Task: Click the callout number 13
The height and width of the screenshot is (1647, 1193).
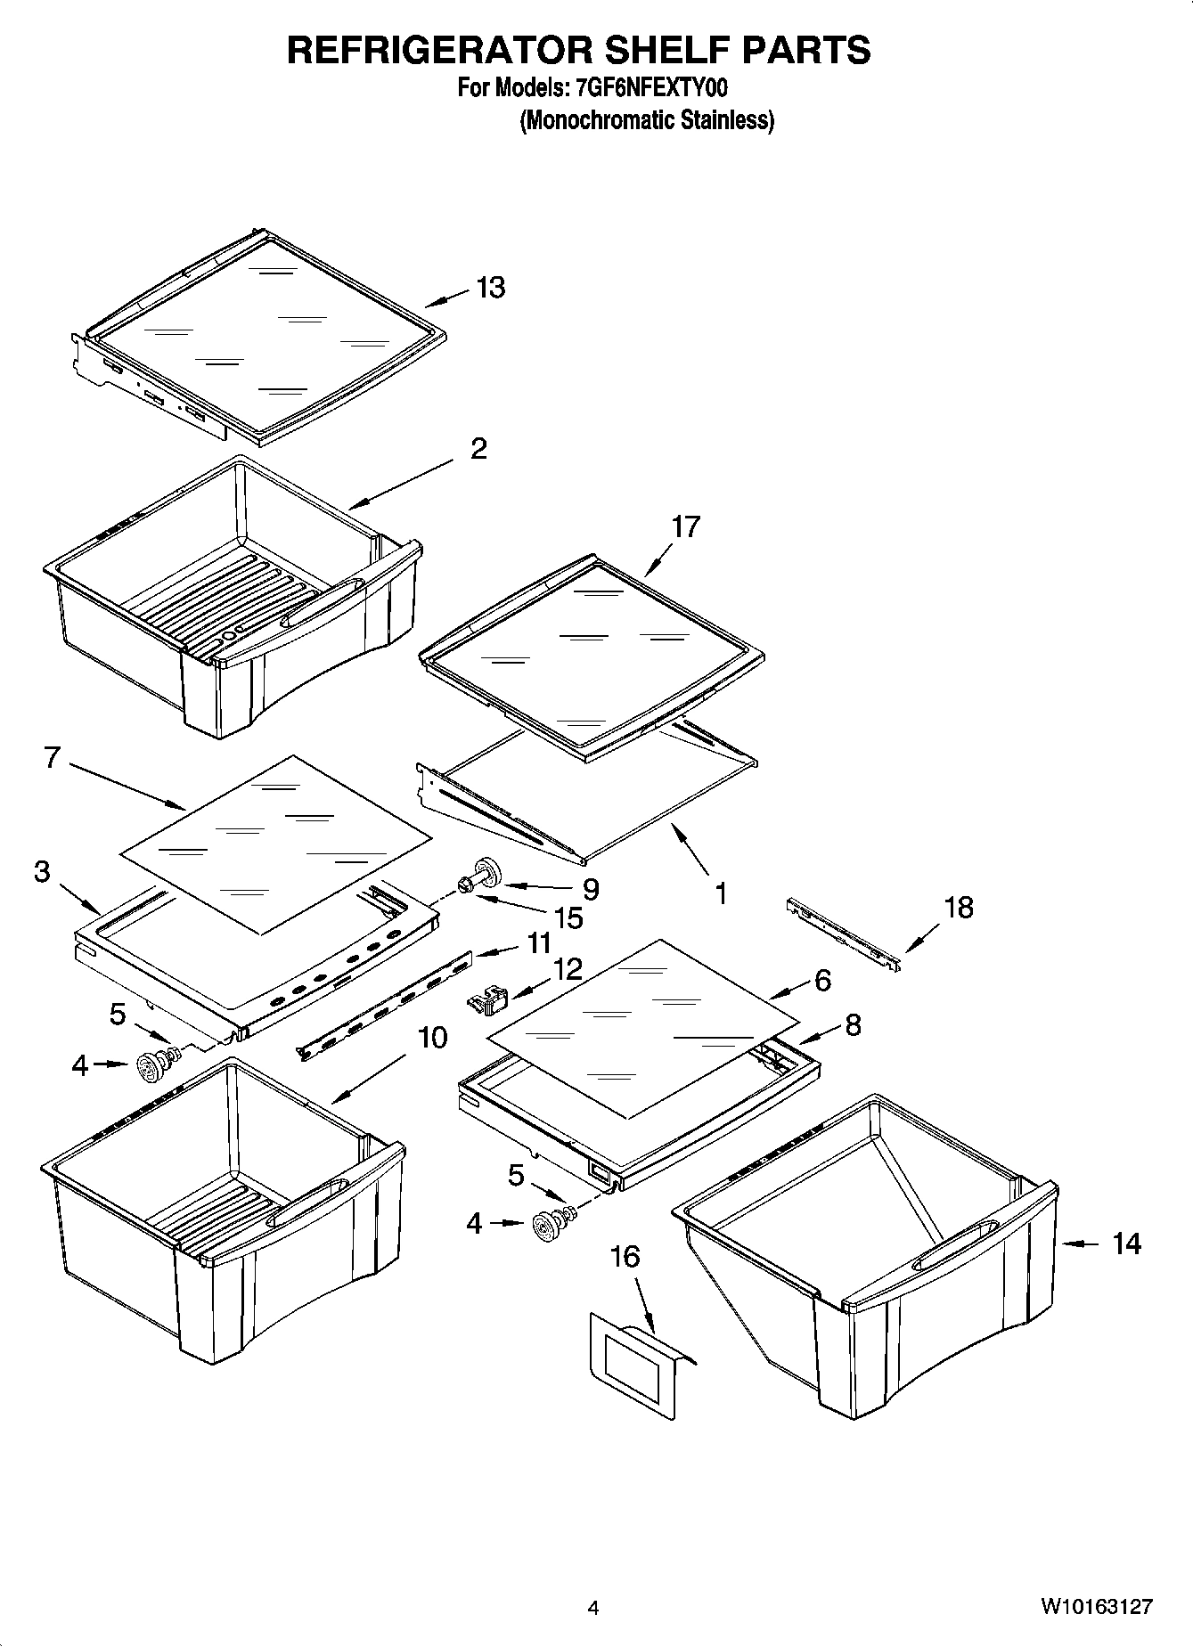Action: [x=490, y=288]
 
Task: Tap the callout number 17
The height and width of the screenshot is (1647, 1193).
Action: [x=685, y=526]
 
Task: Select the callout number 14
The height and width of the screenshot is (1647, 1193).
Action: [x=1126, y=1243]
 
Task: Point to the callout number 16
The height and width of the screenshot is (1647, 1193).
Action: [x=625, y=1256]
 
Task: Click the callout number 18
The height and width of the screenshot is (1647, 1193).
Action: [x=958, y=907]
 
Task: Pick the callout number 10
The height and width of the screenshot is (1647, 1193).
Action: [x=432, y=1038]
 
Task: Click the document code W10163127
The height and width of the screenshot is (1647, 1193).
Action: [x=1095, y=1607]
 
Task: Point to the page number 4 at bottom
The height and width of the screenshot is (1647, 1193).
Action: [x=592, y=1608]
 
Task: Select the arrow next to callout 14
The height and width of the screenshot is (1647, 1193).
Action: [x=1080, y=1243]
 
